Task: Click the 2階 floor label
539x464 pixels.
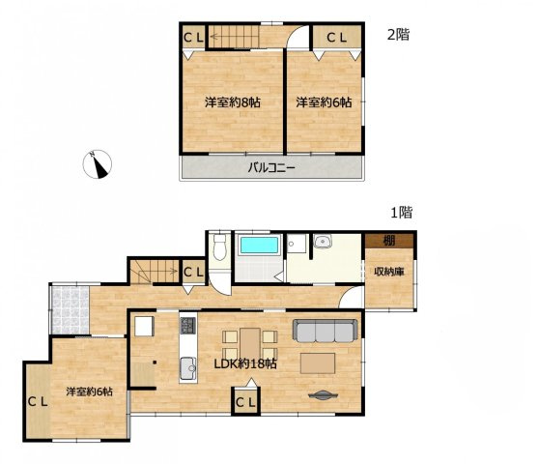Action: tap(398, 35)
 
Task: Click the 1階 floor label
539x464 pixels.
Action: tap(399, 212)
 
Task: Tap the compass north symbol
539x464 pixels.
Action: tap(99, 165)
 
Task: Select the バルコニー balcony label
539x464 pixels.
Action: tap(270, 167)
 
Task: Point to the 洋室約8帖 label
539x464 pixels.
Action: tap(231, 101)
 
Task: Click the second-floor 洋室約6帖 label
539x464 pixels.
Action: tap(324, 101)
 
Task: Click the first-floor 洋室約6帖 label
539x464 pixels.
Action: tap(90, 391)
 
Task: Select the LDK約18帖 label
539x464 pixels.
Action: tap(245, 364)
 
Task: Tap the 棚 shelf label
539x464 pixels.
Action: tap(387, 241)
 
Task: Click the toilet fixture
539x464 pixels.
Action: tap(220, 246)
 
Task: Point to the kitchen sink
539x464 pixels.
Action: tap(186, 364)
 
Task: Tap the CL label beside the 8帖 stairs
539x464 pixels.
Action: tap(192, 38)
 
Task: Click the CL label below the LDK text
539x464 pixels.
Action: tap(244, 400)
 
